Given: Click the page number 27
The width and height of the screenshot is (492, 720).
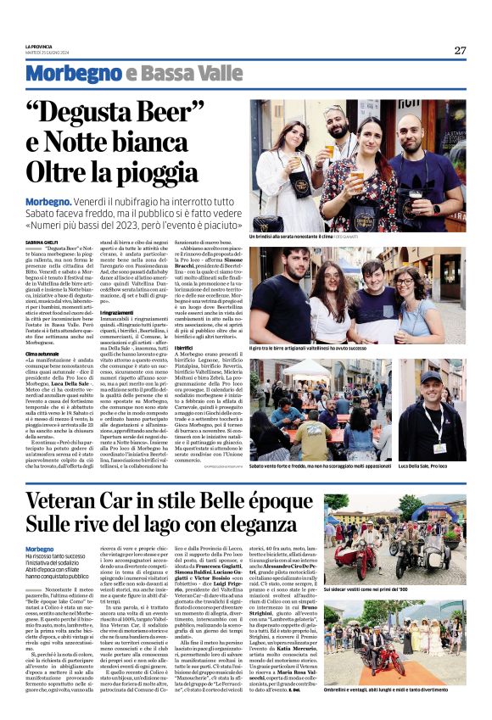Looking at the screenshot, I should pos(459,50).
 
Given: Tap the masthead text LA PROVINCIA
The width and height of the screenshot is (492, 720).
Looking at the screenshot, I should pos(40,46).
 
